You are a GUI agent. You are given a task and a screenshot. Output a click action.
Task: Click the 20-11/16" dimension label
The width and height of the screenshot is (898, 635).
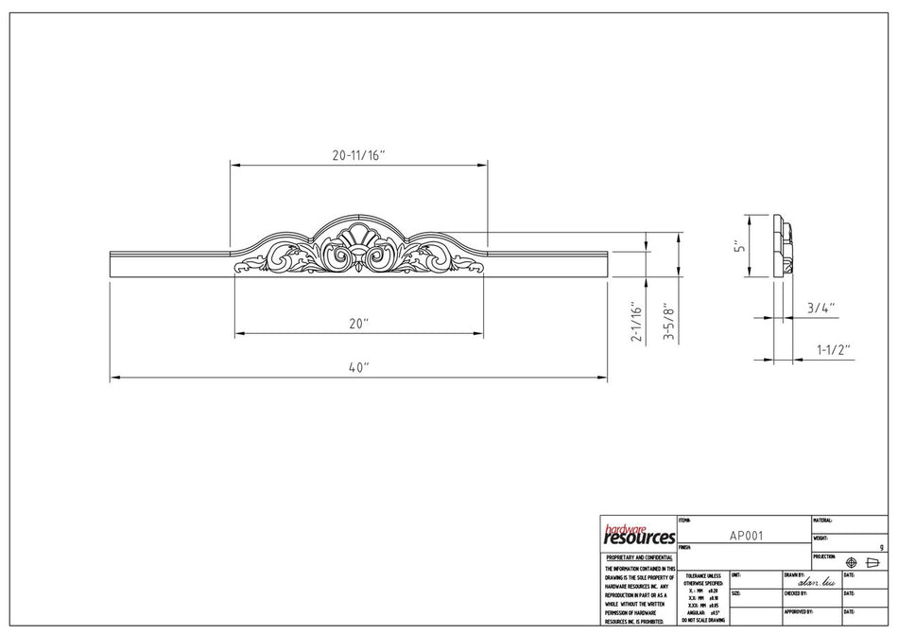[x=359, y=153]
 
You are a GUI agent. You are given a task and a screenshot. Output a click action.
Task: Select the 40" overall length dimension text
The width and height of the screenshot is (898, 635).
[x=358, y=367]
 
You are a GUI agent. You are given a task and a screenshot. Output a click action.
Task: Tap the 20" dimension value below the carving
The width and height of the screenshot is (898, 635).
[x=358, y=324]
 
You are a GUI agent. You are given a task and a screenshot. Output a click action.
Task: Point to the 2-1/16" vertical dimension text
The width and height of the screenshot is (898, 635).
[x=638, y=323]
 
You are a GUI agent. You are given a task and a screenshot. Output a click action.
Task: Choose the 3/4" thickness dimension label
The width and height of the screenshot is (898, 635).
[x=820, y=308]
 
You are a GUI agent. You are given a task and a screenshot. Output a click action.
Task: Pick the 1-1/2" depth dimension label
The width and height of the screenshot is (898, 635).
[x=833, y=349]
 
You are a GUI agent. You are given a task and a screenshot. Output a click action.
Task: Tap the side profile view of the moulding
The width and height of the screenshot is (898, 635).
[x=782, y=245]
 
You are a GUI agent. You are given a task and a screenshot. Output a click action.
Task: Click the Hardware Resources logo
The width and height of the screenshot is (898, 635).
[x=638, y=534]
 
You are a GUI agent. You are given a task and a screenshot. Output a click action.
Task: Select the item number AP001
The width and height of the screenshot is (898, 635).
[x=746, y=535]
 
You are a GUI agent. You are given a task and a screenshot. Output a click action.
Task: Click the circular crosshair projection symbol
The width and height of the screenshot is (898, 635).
[x=851, y=562]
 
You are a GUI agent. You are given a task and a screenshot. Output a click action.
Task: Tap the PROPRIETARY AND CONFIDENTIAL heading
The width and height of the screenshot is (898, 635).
[x=638, y=557]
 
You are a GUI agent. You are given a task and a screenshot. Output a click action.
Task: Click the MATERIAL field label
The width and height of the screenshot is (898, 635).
[x=823, y=520]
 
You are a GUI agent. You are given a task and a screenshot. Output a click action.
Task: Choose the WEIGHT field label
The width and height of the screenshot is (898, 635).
[x=821, y=538]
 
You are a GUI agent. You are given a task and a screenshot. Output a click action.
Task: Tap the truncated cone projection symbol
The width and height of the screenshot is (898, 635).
[x=872, y=562]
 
